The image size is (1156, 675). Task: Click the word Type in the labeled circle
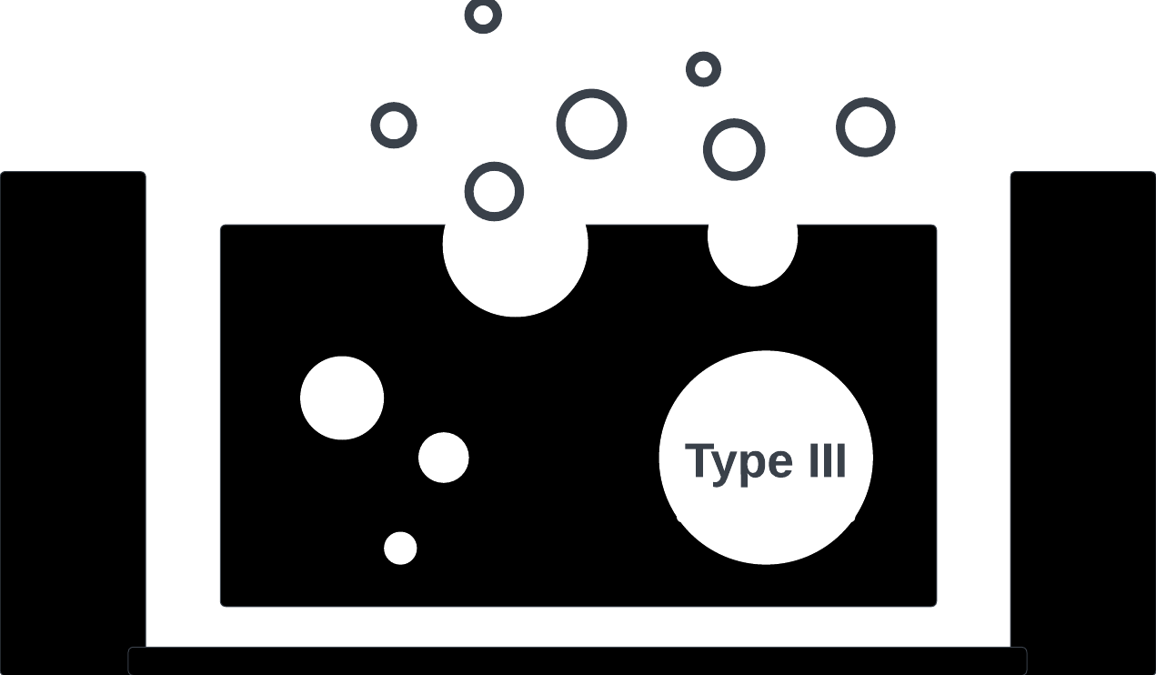coord(738,461)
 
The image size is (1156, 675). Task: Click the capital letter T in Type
coord(699,459)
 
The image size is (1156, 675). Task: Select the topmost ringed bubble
coord(483,15)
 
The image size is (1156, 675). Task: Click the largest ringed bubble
coord(592,124)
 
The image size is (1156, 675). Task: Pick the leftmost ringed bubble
coord(394,126)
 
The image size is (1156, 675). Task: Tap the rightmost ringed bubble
coord(866,126)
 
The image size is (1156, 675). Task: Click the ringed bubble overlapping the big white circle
coord(494,191)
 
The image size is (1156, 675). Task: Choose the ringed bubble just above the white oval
coord(734,149)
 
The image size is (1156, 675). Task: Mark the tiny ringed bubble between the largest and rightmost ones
coord(703,69)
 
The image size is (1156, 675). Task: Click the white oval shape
coord(753,236)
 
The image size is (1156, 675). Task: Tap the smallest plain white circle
coord(400,549)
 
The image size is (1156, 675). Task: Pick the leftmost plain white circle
coord(342,398)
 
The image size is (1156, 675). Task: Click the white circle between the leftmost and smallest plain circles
coord(444,458)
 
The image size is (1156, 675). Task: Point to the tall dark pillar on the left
coord(73,409)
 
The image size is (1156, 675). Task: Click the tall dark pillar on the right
coord(1082,409)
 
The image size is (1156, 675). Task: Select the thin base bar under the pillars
coord(578,660)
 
